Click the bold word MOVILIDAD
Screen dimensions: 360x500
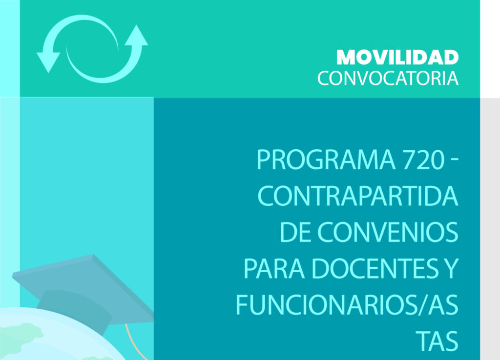(x=397, y=58)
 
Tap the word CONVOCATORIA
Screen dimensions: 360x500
(x=388, y=78)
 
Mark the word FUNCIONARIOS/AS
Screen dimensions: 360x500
(x=347, y=304)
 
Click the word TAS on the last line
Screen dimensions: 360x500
(x=438, y=340)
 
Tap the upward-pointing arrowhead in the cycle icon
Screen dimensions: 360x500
(x=136, y=37)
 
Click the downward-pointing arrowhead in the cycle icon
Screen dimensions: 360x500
(x=48, y=61)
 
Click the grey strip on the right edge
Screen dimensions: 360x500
(x=490, y=220)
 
